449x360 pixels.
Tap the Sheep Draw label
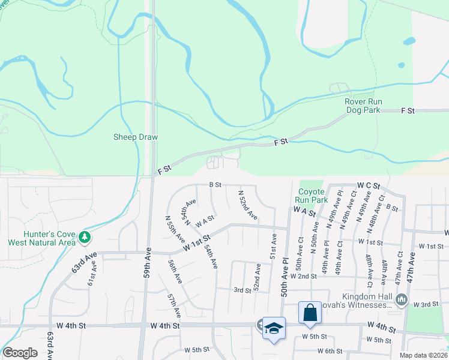[136, 137]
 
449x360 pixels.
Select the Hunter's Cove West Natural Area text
[41, 238]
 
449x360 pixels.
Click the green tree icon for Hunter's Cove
[85, 238]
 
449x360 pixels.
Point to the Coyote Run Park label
[311, 196]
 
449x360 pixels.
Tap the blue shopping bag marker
[310, 313]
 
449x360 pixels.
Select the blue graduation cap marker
[274, 328]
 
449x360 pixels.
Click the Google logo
[20, 353]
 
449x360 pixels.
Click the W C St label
[369, 187]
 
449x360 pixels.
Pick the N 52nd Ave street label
[248, 205]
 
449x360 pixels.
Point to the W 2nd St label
[303, 276]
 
